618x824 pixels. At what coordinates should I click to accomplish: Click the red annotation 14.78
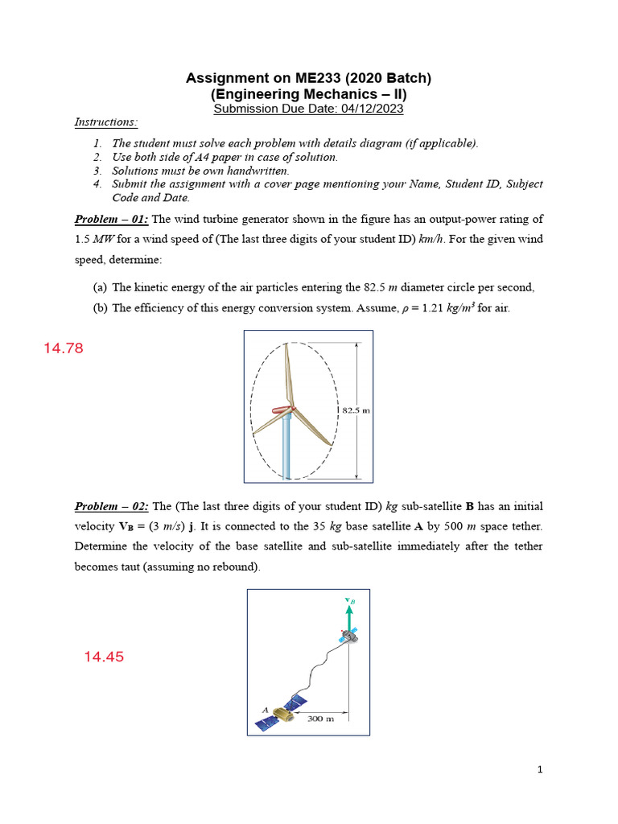pos(63,348)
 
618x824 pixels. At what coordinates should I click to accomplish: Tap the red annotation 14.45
pos(104,657)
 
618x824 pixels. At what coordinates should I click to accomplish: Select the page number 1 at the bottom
pos(540,770)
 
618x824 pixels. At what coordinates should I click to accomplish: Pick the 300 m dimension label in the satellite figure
pos(322,718)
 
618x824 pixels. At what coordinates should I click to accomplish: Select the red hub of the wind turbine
pos(283,410)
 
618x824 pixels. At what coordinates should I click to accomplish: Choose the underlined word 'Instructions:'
pos(106,122)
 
